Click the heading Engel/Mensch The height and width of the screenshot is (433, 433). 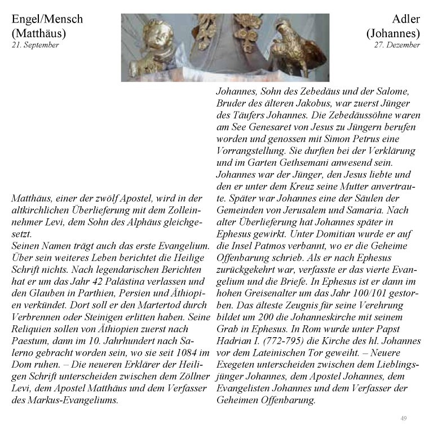[x=47, y=19]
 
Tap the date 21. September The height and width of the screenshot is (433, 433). [x=35, y=45]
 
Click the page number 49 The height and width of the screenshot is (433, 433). [x=403, y=418]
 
